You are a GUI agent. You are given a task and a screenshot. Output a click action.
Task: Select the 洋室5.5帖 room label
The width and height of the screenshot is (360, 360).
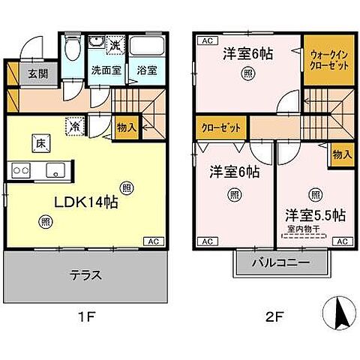[314, 215]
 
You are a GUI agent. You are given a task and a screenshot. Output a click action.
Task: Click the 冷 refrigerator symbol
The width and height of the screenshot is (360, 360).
[76, 127]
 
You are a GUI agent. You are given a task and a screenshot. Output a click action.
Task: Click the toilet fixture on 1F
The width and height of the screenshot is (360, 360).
[72, 52]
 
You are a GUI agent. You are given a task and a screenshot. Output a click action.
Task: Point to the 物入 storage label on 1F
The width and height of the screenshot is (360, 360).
[126, 128]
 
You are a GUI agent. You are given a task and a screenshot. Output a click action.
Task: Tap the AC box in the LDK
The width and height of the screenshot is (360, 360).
[153, 241]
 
